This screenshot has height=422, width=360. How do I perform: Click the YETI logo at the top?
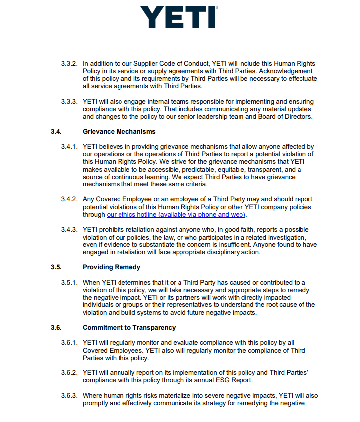click(x=180, y=17)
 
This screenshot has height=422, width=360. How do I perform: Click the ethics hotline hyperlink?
click(x=177, y=215)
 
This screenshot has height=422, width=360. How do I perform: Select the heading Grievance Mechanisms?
click(x=119, y=131)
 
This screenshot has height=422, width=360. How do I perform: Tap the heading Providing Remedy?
click(x=112, y=267)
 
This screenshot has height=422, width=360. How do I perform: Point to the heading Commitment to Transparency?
click(x=129, y=328)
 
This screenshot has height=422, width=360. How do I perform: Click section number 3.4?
click(x=56, y=131)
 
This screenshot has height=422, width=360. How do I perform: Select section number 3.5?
click(x=56, y=267)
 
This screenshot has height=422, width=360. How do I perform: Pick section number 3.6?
click(x=56, y=328)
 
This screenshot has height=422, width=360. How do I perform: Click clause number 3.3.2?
click(x=69, y=64)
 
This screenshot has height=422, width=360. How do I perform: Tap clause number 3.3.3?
click(x=69, y=102)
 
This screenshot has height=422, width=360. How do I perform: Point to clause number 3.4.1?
click(x=69, y=146)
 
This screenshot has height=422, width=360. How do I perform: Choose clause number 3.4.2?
click(x=69, y=199)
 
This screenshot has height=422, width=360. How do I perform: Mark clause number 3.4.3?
click(x=69, y=230)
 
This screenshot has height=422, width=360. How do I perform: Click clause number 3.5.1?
click(x=69, y=283)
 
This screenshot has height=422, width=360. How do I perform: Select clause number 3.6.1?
click(x=69, y=343)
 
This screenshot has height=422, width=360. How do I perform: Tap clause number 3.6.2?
click(x=69, y=373)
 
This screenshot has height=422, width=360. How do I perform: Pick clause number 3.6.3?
click(x=69, y=396)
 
